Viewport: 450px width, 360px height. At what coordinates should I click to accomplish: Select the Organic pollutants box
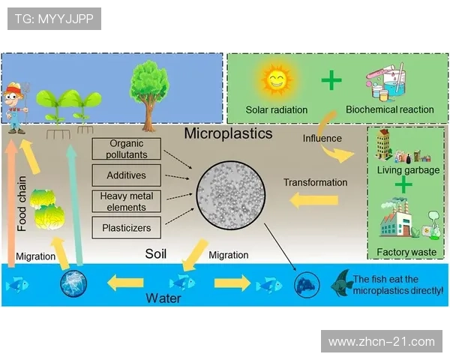click(127, 148)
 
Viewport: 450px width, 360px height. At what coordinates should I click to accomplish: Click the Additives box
click(127, 175)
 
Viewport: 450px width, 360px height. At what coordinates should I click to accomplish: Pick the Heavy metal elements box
click(127, 201)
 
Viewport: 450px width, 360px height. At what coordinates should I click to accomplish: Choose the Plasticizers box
click(127, 227)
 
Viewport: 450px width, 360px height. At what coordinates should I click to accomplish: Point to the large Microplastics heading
click(229, 135)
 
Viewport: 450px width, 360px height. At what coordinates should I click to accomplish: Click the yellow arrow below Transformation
click(313, 200)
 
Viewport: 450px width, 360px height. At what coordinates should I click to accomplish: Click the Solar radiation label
click(276, 110)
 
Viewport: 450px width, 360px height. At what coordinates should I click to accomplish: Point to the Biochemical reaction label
click(389, 110)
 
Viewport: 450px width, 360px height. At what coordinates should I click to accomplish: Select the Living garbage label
click(408, 170)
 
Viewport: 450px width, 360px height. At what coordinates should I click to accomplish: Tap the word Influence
click(322, 138)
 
